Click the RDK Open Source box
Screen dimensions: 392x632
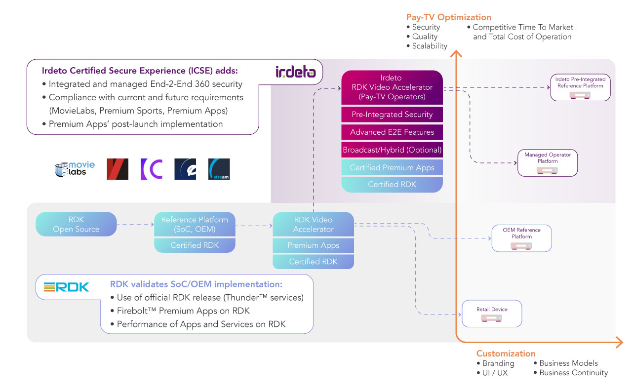coord(76,224)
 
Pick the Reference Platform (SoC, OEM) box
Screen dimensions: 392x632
coord(195,224)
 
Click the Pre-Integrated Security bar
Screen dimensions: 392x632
coord(392,115)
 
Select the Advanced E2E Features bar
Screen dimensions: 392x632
coord(392,132)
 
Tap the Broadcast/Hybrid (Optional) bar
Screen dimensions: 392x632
coord(392,150)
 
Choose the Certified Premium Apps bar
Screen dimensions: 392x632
coord(392,167)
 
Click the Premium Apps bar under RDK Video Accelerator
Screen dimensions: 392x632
coord(313,245)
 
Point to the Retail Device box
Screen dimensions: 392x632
coord(492,314)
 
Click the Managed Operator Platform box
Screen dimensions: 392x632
coord(547,163)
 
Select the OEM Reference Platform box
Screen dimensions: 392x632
coord(521,238)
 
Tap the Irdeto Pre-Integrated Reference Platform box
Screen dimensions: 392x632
coord(580,87)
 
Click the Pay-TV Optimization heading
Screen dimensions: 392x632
coord(448,17)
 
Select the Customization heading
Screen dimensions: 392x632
coord(506,353)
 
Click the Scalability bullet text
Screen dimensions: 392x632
coord(430,46)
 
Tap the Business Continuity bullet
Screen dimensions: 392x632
coord(573,373)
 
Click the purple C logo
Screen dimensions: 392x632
coord(151,169)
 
